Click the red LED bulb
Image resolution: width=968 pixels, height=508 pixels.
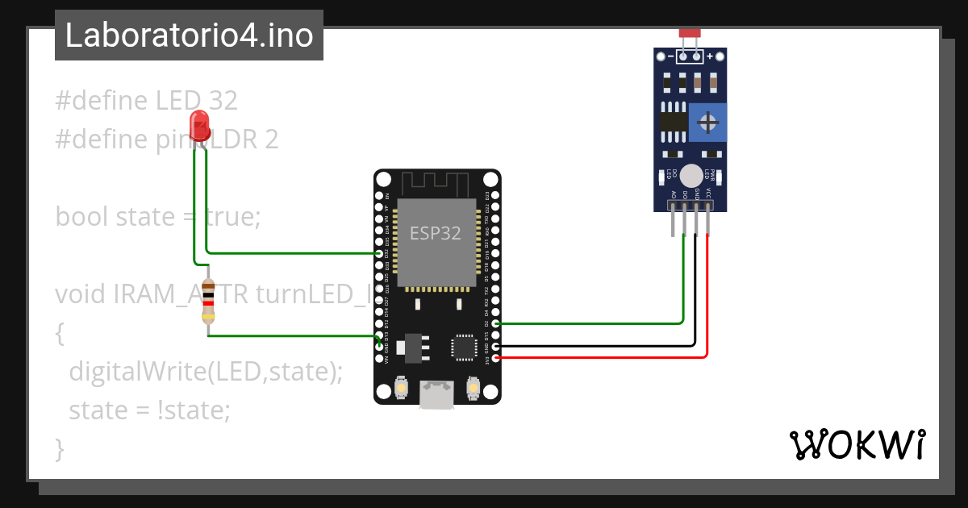click(x=199, y=126)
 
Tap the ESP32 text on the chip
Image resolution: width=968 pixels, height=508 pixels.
click(x=436, y=233)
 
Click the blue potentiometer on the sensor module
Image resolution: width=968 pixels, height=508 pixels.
click(x=708, y=123)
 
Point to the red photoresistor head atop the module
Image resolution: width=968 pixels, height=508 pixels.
click(x=690, y=32)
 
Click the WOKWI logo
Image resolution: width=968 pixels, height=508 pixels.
click(x=857, y=444)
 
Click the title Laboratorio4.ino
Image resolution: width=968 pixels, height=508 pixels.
click(x=189, y=35)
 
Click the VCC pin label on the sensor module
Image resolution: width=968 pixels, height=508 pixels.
click(x=708, y=194)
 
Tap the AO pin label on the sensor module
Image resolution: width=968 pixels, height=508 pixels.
click(x=673, y=194)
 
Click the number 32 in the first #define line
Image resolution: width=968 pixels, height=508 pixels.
click(x=223, y=101)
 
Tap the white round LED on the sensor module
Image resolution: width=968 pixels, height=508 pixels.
click(x=691, y=175)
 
